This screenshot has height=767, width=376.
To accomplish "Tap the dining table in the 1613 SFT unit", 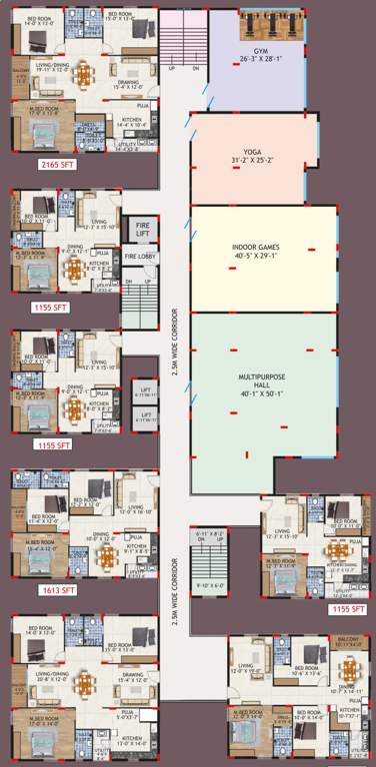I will point(103,558).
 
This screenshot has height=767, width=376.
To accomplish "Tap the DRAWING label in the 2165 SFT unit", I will point(128,83).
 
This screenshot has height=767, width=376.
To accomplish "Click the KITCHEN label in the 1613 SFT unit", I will point(136,545).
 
